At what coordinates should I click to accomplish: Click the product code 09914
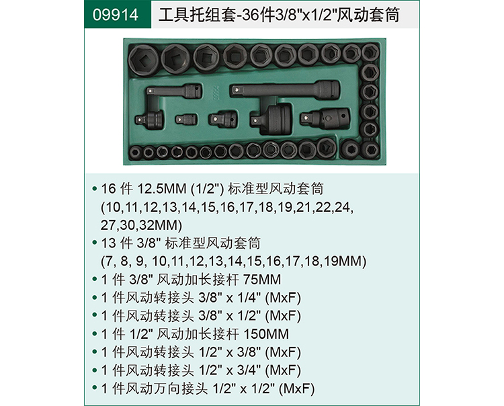(116, 15)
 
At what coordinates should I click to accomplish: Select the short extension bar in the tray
(175, 91)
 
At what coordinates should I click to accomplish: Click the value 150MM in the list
(266, 334)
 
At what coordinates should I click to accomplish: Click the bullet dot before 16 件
(95, 189)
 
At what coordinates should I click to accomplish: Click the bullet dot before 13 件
(95, 243)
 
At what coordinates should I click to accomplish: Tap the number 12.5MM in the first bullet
(162, 189)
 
